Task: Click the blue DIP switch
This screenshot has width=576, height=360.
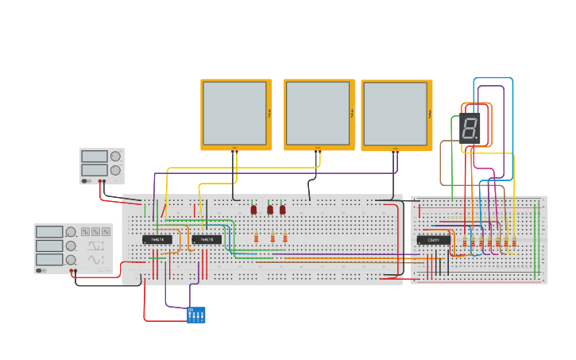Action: [x=196, y=315]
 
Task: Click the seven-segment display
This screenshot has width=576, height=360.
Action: [x=470, y=128]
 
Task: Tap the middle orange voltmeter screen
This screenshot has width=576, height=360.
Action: [x=318, y=113]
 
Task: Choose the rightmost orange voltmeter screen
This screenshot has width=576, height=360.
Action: [x=396, y=114]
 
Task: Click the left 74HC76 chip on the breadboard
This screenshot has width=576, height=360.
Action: [x=157, y=239]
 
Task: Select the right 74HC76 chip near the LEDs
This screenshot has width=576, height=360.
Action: [x=207, y=239]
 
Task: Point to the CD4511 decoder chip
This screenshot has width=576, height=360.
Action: [x=433, y=240]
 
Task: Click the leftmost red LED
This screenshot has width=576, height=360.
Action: [x=254, y=210]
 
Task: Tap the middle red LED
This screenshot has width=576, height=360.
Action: [x=270, y=210]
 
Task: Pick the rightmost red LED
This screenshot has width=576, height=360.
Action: [x=282, y=210]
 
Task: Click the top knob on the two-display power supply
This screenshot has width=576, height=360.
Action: [x=116, y=157]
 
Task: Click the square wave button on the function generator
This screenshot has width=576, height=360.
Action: [x=85, y=232]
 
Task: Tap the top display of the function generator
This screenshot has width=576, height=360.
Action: [x=48, y=232]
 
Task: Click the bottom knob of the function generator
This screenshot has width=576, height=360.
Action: [x=71, y=259]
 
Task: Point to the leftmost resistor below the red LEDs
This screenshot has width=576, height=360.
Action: [x=257, y=238]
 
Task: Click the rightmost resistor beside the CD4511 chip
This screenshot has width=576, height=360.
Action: [x=514, y=242]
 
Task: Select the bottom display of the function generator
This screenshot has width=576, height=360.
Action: [x=48, y=259]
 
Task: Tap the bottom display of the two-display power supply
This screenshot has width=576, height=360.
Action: [x=94, y=170]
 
